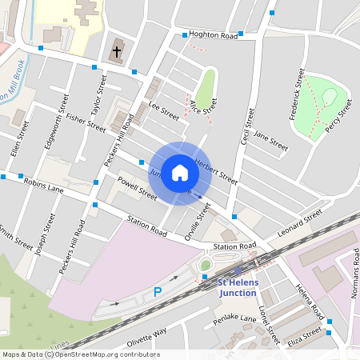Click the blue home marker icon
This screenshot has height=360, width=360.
[180, 173]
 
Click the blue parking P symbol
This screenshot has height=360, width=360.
[158, 293]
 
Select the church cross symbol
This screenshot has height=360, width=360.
[117, 52]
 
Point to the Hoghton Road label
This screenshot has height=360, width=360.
[214, 36]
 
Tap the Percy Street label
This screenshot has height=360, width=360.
[337, 115]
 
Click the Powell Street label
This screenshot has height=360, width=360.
[137, 189]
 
